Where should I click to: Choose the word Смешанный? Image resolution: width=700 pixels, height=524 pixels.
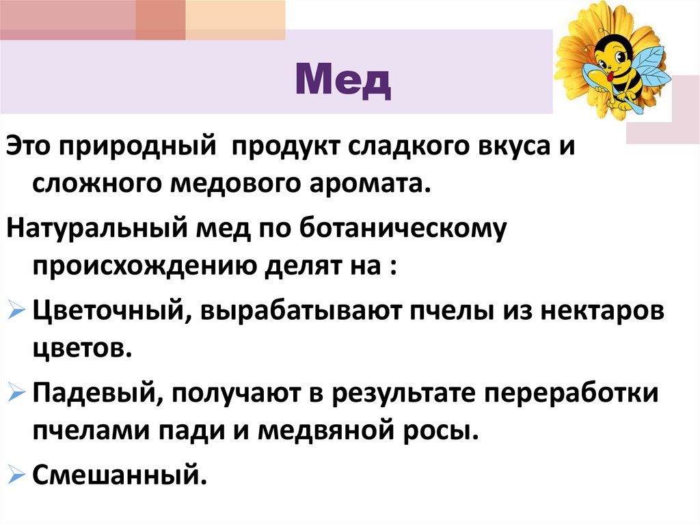[119, 473]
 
